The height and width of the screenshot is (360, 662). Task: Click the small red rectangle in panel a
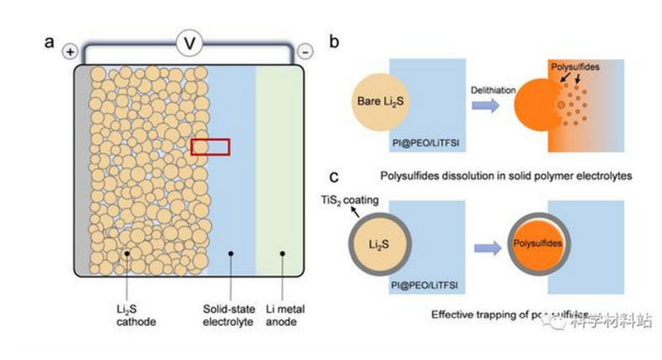209,146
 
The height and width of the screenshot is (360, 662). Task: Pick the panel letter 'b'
332,41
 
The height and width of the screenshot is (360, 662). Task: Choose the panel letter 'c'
332,177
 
